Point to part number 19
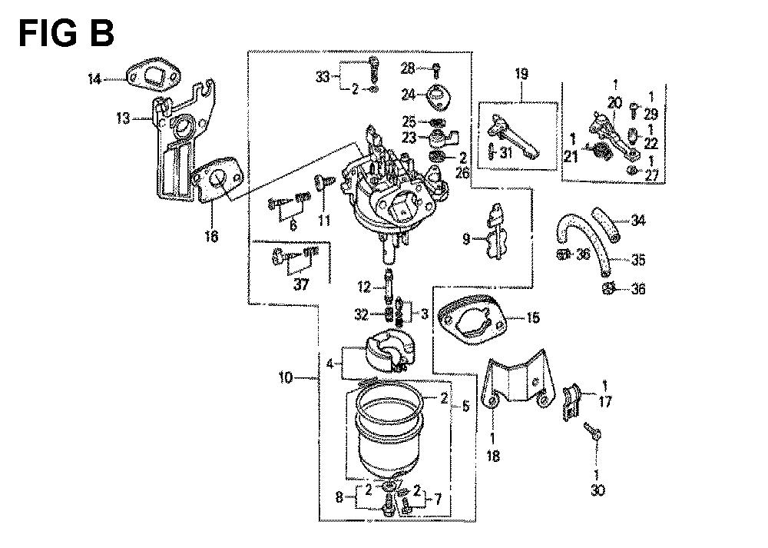click(521, 75)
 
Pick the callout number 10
click(286, 377)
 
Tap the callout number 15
click(532, 317)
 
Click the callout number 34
click(639, 221)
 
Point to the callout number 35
click(639, 260)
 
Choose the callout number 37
click(296, 285)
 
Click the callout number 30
click(597, 489)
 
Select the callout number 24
click(408, 95)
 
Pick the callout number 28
click(408, 68)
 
